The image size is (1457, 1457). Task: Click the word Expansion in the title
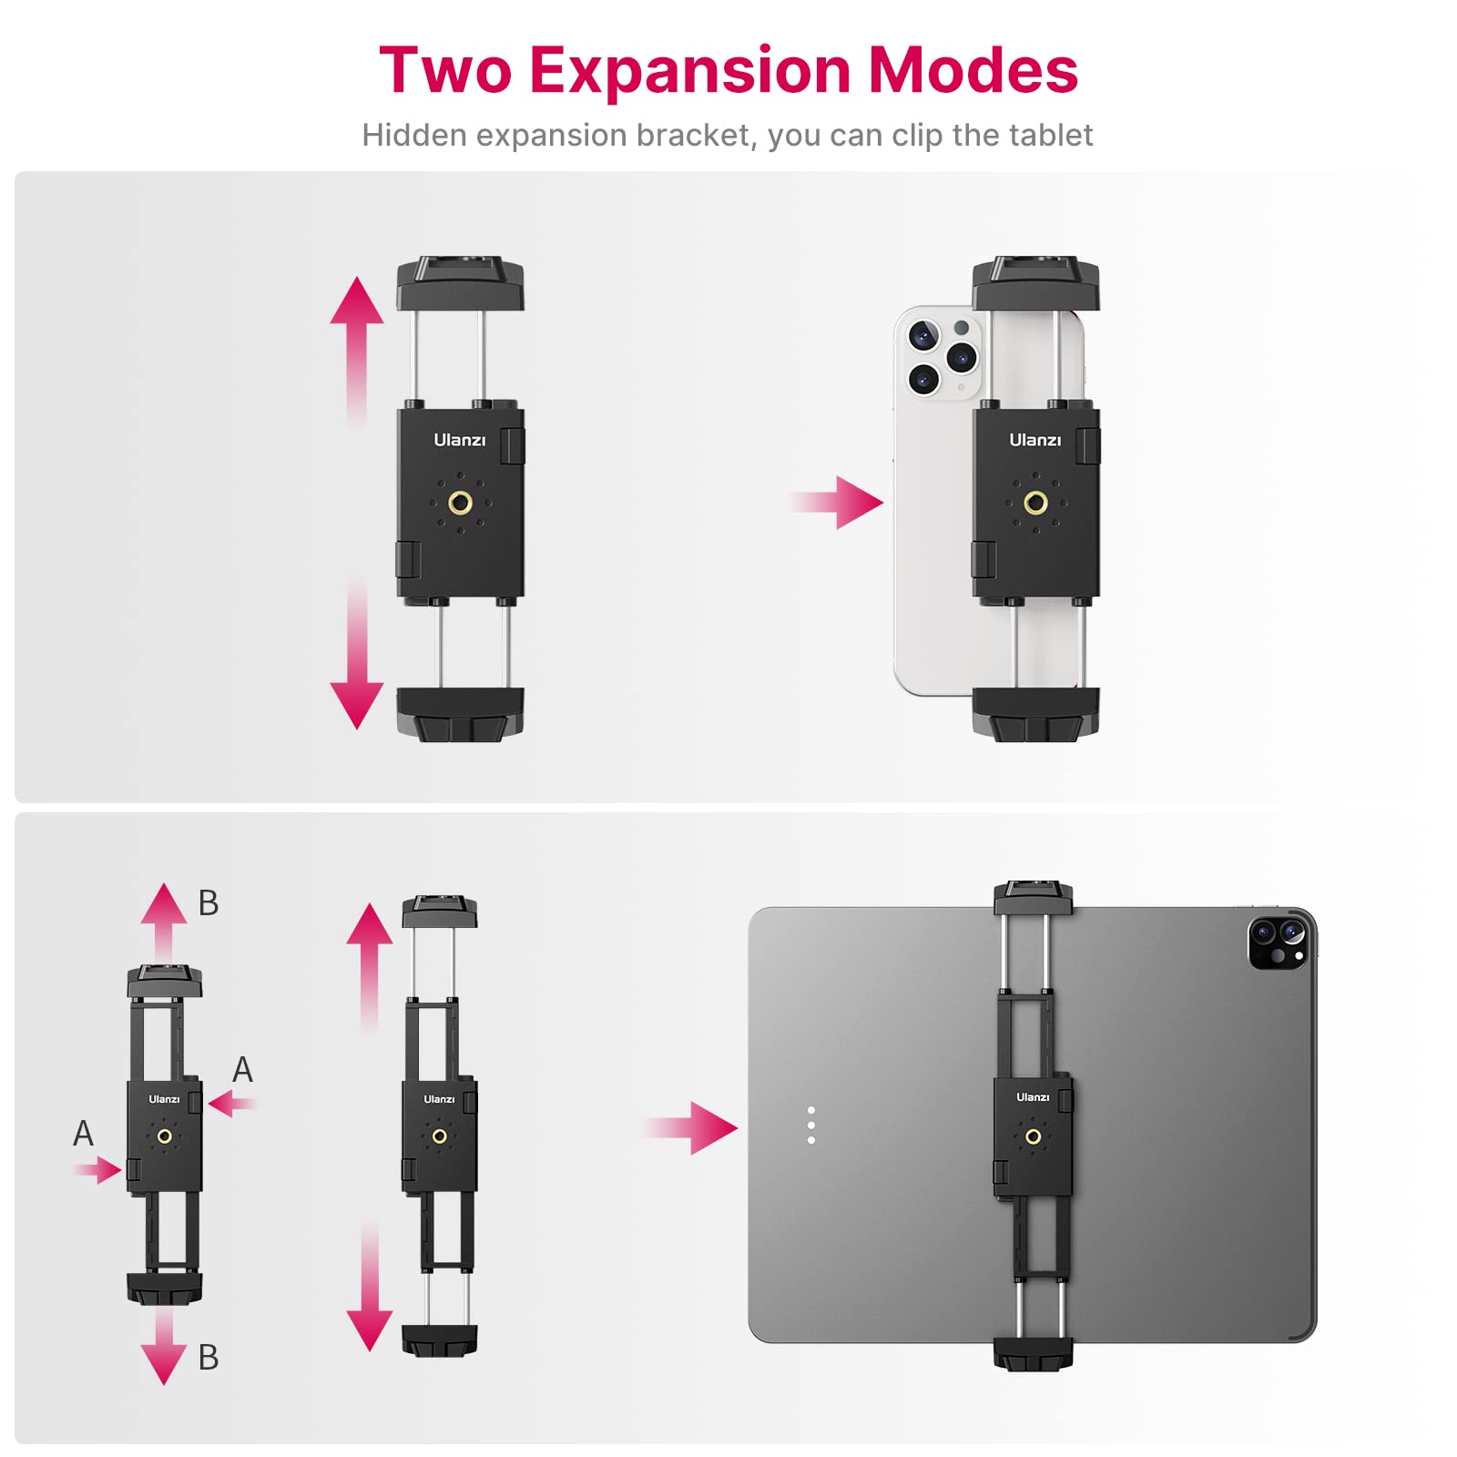[x=689, y=71]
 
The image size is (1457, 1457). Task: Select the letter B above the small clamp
[x=209, y=903]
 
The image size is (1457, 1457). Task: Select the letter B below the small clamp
[x=209, y=1357]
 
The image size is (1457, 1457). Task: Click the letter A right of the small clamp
[x=242, y=1069]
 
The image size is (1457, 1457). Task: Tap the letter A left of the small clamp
[x=83, y=1134]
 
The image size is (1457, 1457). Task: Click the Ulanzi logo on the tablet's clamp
[x=1033, y=1097]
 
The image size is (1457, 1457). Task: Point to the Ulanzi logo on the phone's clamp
[x=1034, y=440]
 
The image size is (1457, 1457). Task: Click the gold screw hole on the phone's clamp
[x=1035, y=502]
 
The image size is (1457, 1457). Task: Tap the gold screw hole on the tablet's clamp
[x=1033, y=1136]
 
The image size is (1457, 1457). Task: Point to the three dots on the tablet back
[x=811, y=1126]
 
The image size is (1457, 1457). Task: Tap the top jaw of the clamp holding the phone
[x=1035, y=283]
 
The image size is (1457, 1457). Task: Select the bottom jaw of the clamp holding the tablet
[x=1033, y=1353]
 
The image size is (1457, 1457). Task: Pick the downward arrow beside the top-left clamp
[x=357, y=665]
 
